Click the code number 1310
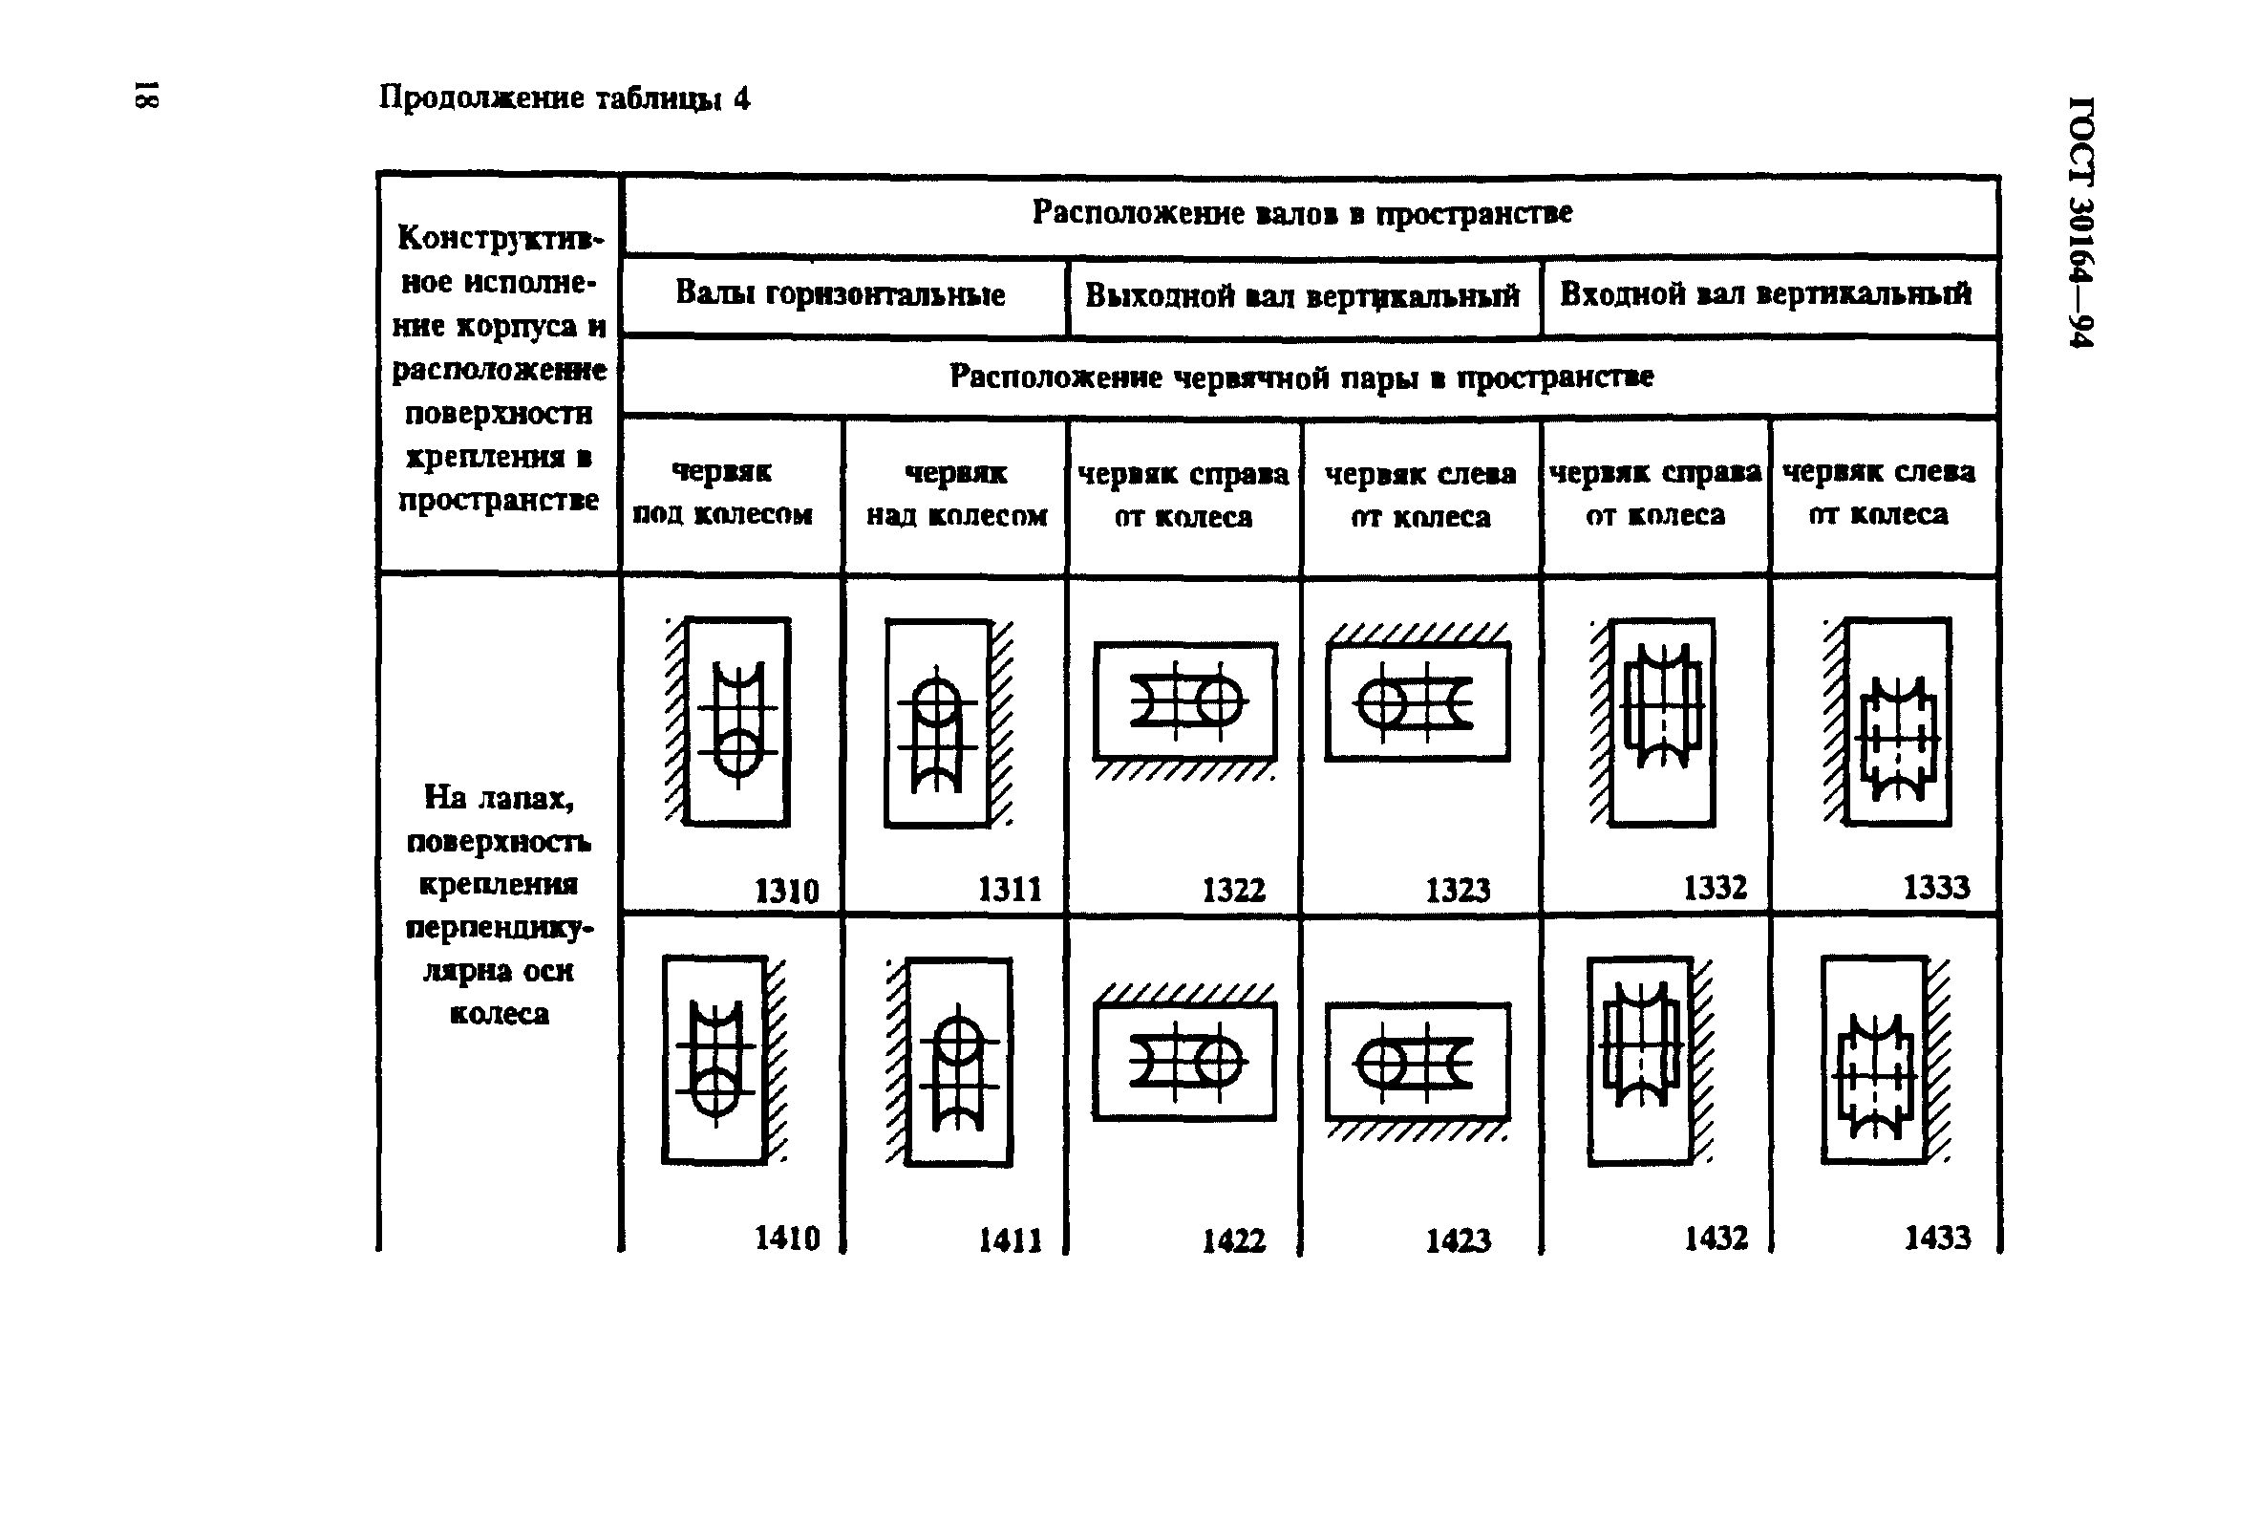click(x=787, y=891)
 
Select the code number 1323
click(x=1458, y=890)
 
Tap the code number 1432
click(x=1716, y=1238)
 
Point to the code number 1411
click(x=1010, y=1240)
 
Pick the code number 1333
click(x=1936, y=887)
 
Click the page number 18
click(x=145, y=96)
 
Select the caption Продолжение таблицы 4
click(x=564, y=98)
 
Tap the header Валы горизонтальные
click(x=841, y=293)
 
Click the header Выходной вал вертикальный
click(x=1302, y=294)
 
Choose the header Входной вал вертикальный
click(x=1766, y=293)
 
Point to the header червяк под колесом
click(x=722, y=493)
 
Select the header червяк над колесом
click(x=957, y=494)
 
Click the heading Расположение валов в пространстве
click(x=1302, y=212)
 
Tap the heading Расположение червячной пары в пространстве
click(x=1301, y=377)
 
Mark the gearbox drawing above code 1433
click(x=1885, y=1060)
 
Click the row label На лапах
click(x=499, y=798)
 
